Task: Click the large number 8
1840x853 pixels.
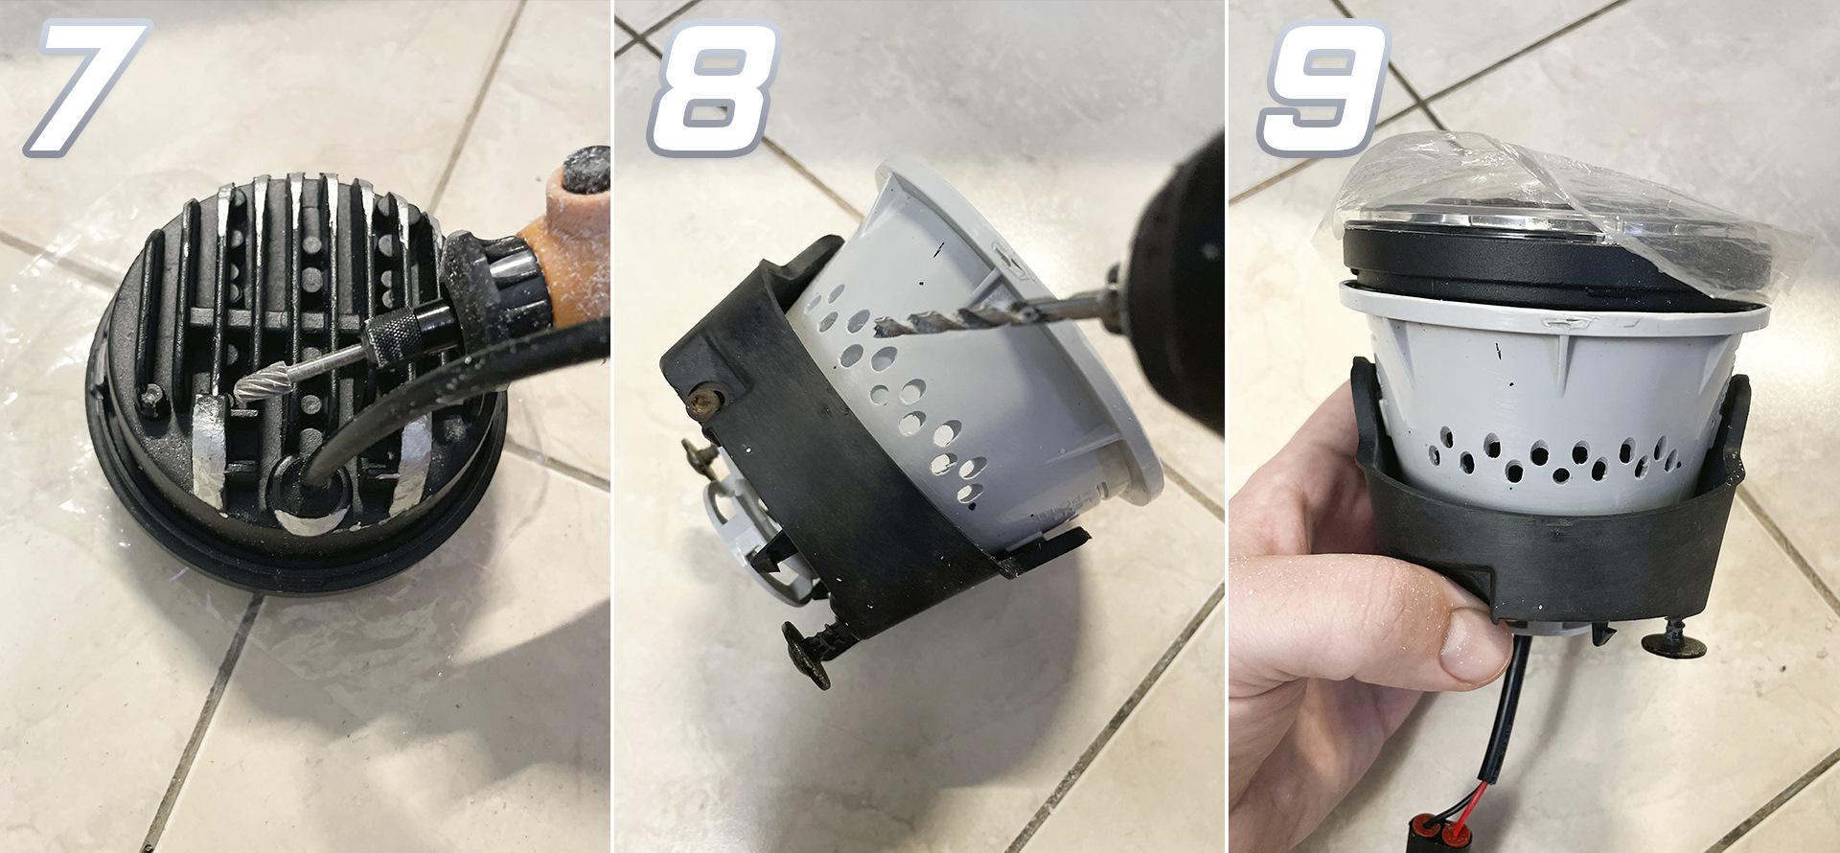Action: point(712,88)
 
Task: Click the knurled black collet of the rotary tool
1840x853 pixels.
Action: point(392,335)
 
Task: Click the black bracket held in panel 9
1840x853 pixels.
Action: point(1552,537)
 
